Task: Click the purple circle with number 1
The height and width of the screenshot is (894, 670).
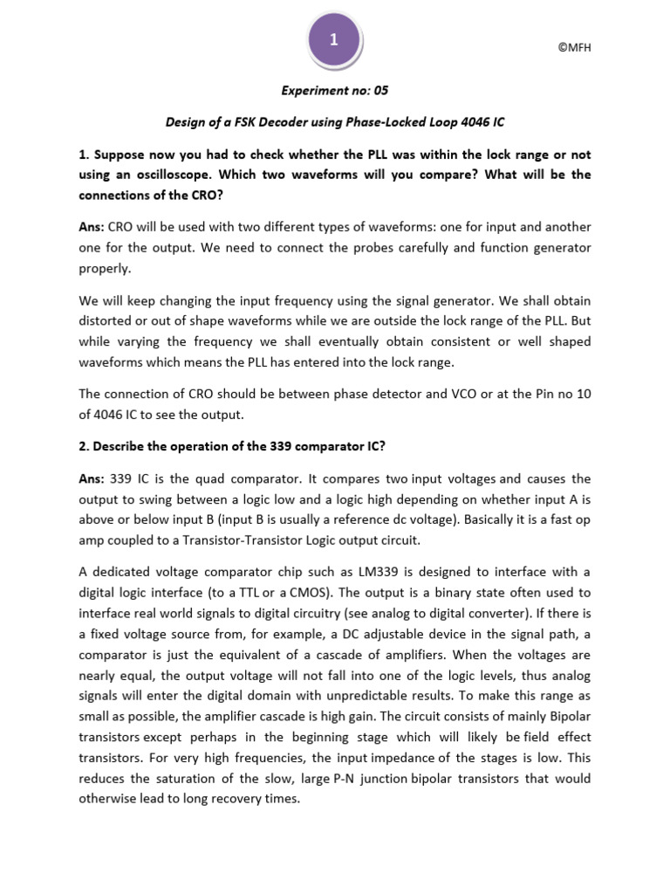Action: [x=334, y=41]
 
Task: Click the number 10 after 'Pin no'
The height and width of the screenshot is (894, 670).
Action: [x=583, y=394]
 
